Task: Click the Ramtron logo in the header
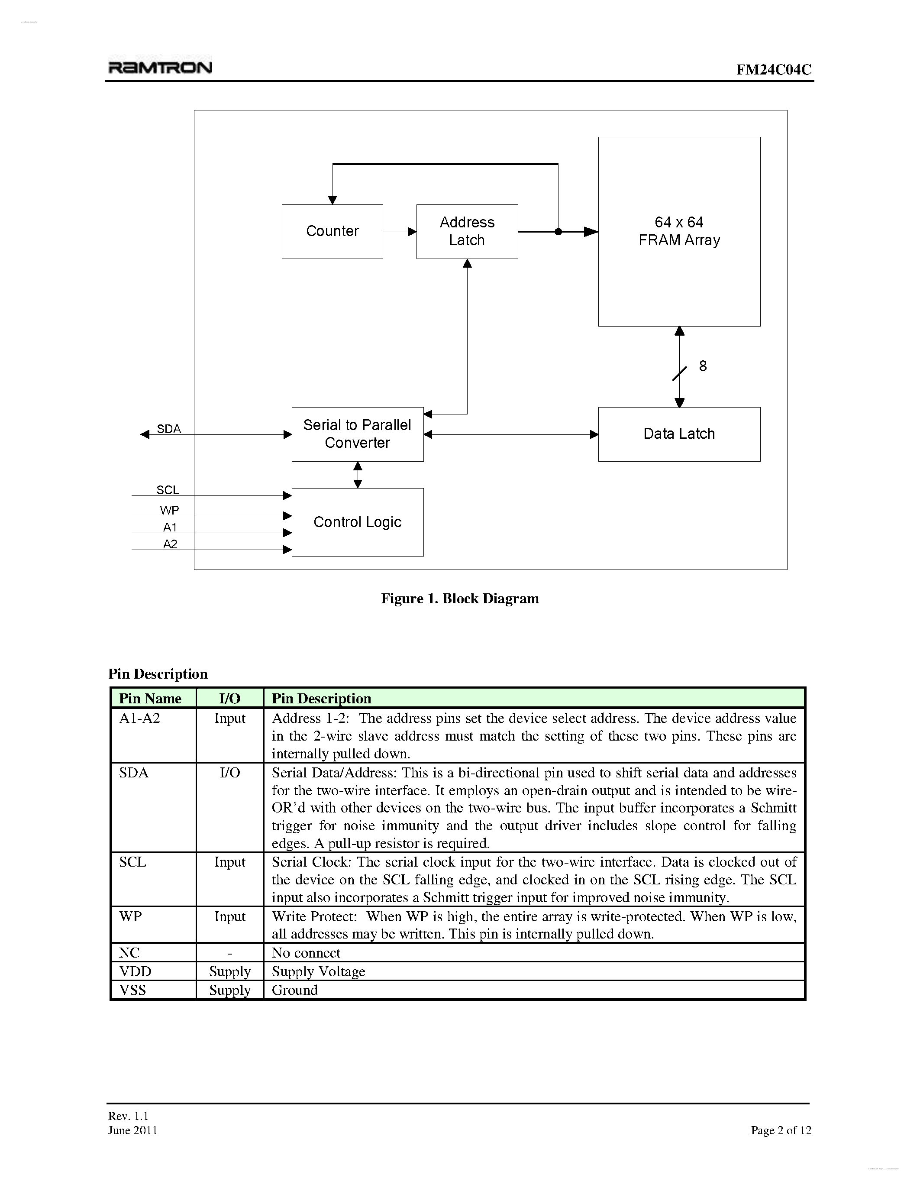[x=160, y=67]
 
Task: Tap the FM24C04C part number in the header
[x=773, y=69]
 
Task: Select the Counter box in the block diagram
[x=332, y=231]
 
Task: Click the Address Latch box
[x=467, y=231]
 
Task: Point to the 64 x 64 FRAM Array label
[x=679, y=231]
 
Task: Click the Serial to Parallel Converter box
[x=357, y=434]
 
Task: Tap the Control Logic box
[x=357, y=522]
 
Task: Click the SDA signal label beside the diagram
[x=169, y=429]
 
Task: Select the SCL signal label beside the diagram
[x=167, y=490]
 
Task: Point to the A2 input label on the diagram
[x=170, y=544]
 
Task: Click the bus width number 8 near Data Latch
[x=703, y=366]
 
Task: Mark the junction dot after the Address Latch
[x=558, y=232]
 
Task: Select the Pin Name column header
[x=150, y=698]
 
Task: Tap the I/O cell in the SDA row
[x=229, y=772]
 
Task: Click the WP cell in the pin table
[x=131, y=916]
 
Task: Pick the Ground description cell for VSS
[x=295, y=990]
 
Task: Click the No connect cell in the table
[x=306, y=953]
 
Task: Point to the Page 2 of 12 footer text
[x=781, y=1130]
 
